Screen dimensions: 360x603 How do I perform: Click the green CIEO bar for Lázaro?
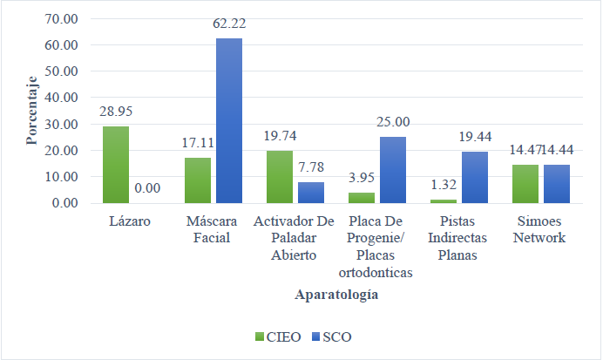click(x=116, y=165)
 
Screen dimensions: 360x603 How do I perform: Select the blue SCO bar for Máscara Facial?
click(x=229, y=121)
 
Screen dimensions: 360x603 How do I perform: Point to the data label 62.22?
click(x=229, y=24)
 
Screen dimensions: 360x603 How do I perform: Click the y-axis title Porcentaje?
click(x=31, y=111)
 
